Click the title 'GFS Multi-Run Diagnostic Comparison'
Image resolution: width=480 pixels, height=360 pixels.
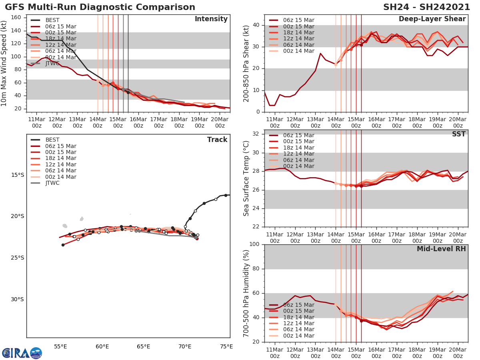pyautogui.click(x=100, y=7)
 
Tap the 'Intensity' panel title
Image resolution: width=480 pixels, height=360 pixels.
pyautogui.click(x=211, y=19)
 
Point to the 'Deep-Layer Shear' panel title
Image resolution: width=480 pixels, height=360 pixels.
pyautogui.click(x=432, y=19)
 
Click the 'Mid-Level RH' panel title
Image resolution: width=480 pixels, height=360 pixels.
pyautogui.click(x=441, y=249)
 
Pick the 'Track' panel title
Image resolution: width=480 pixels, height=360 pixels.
pyautogui.click(x=217, y=140)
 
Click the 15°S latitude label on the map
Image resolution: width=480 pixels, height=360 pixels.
pyautogui.click(x=17, y=175)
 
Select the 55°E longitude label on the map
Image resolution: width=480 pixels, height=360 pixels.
pyautogui.click(x=60, y=346)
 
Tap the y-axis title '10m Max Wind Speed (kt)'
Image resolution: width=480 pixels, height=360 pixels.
pyautogui.click(x=4, y=64)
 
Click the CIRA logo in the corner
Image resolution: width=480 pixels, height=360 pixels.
pyautogui.click(x=22, y=353)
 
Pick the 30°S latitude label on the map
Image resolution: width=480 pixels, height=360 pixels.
pyautogui.click(x=17, y=299)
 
